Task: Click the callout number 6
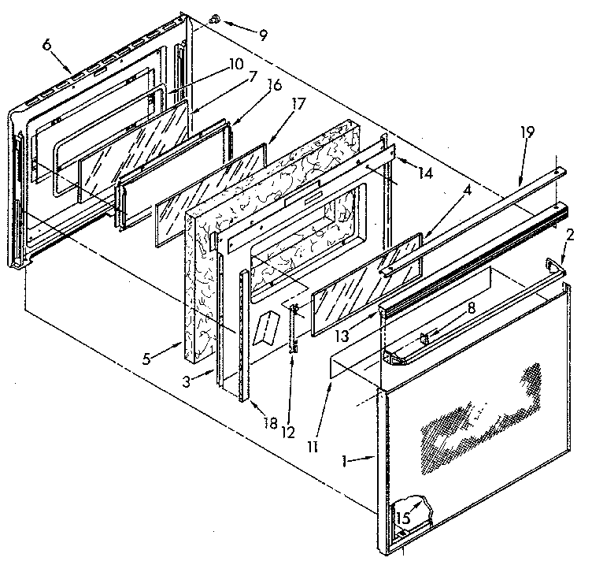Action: coord(46,46)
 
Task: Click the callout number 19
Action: coord(527,133)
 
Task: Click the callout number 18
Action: coord(271,423)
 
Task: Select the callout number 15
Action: coord(404,519)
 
